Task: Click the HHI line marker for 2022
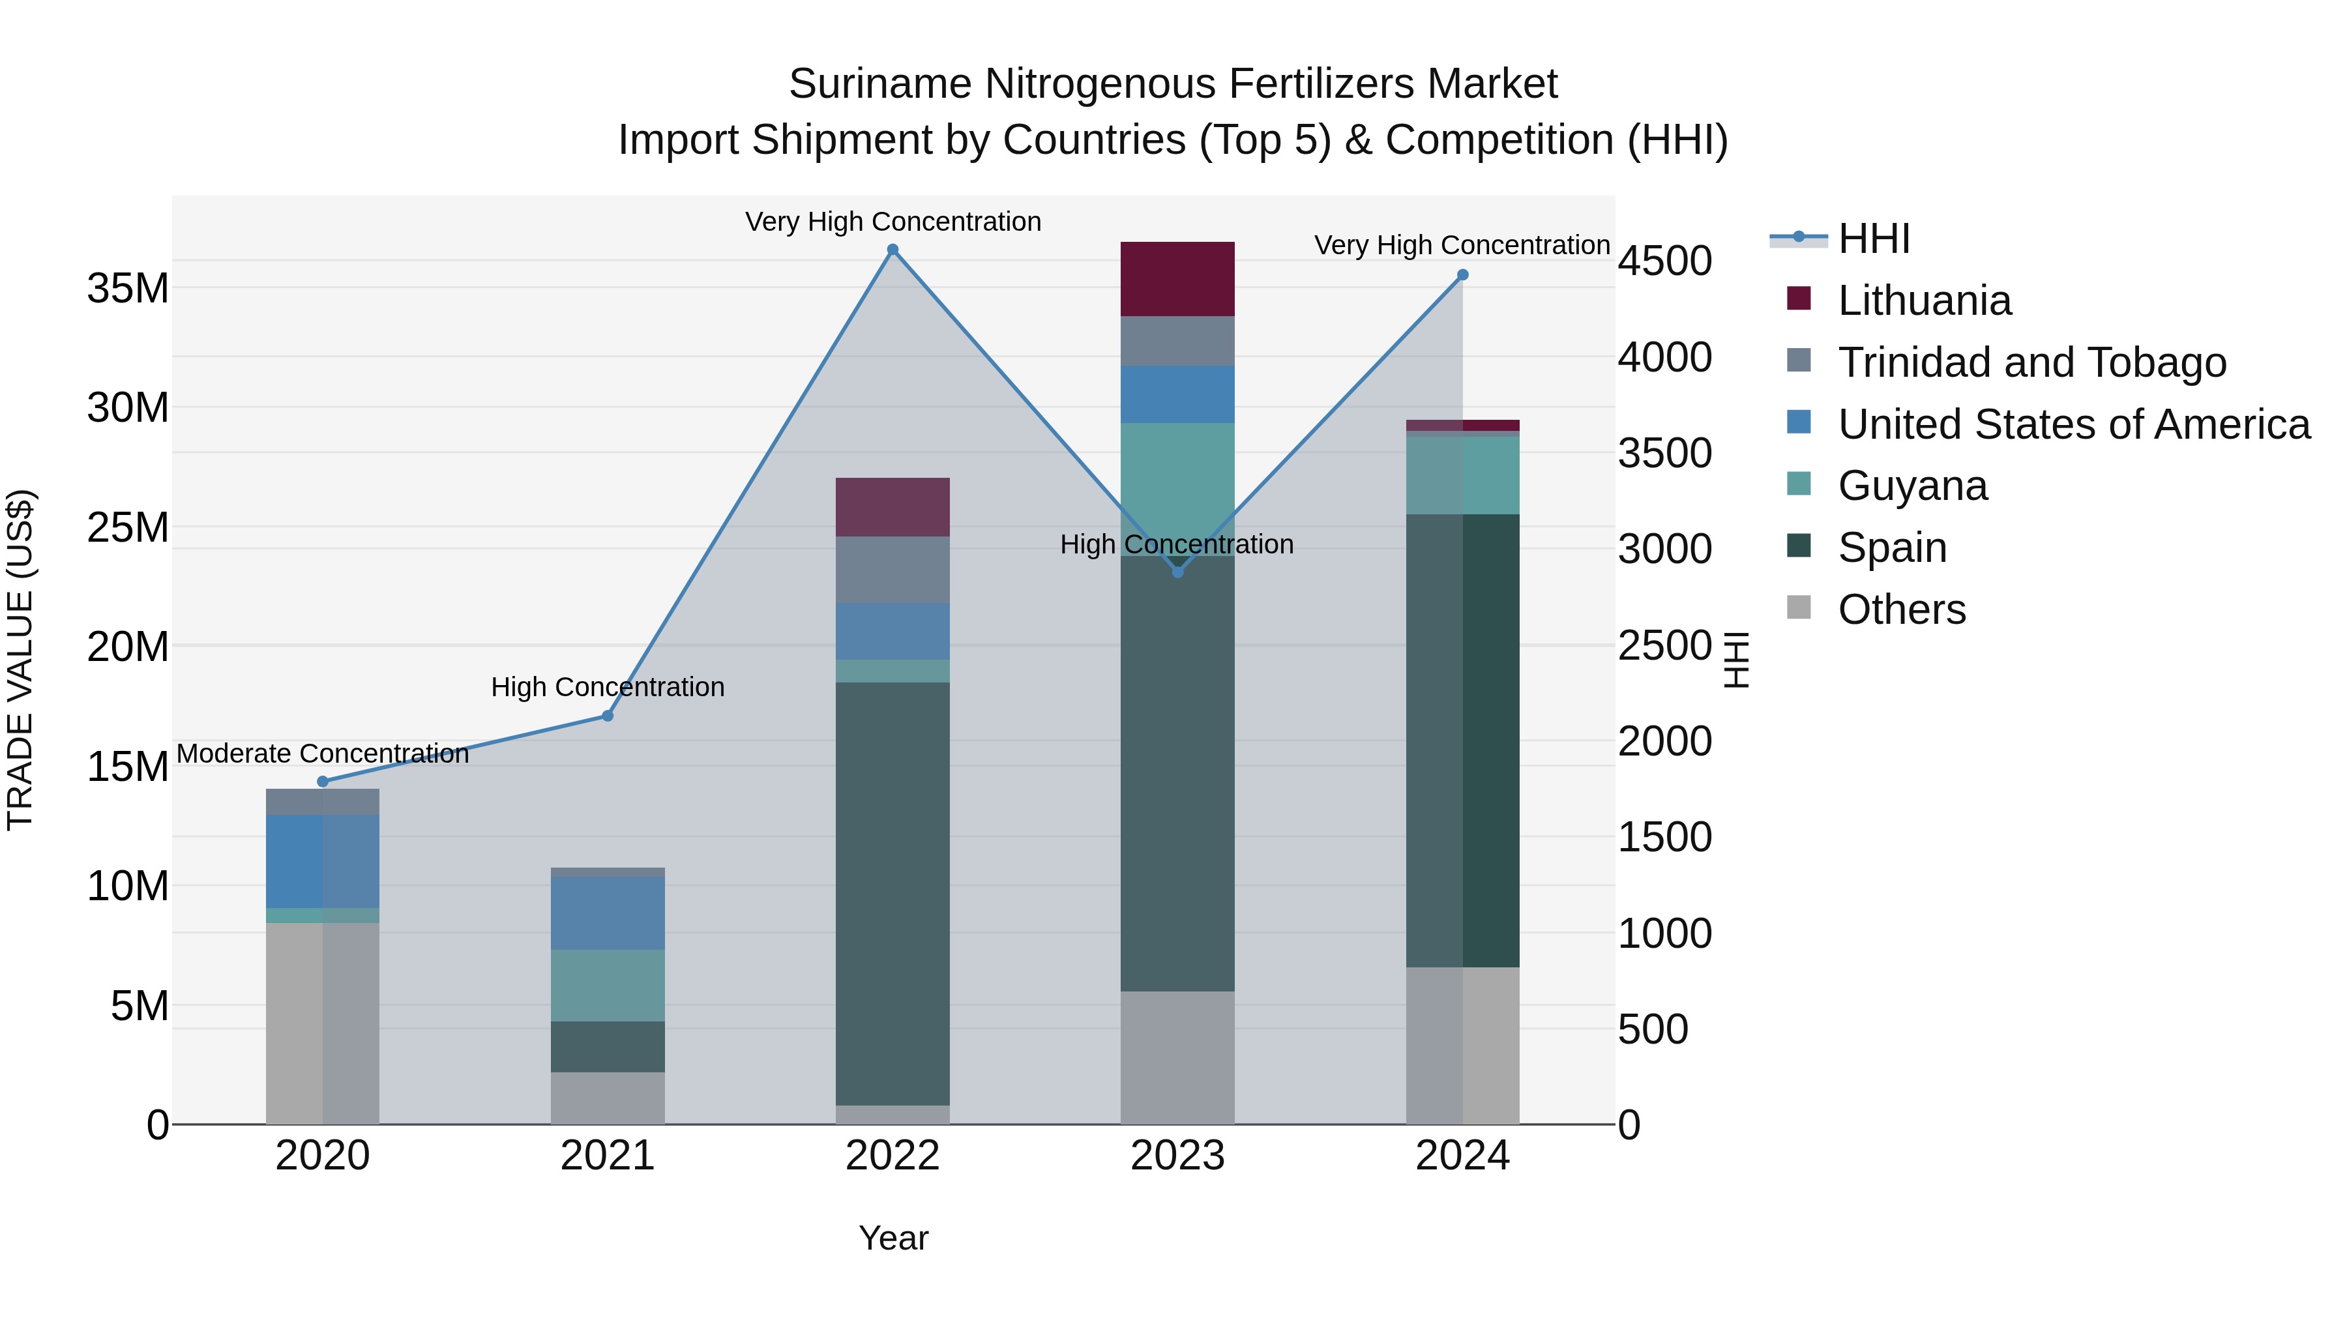tap(893, 250)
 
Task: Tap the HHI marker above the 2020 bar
tap(323, 782)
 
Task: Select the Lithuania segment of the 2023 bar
tap(1177, 279)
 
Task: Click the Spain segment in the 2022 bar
tap(893, 893)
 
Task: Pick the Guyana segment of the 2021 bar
tap(608, 986)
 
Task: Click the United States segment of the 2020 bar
tap(323, 861)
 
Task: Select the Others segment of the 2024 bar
tap(1462, 1045)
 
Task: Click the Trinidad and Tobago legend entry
tap(2031, 362)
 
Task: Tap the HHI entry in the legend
tap(1873, 239)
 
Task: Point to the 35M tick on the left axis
tap(128, 289)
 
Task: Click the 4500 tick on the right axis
tap(1664, 261)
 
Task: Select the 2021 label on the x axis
tap(608, 1156)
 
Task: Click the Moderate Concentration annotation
tap(323, 754)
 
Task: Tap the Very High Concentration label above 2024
tap(1462, 245)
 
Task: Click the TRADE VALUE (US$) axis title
tap(20, 660)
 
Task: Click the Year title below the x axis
tap(893, 1238)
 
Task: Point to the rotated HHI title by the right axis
tap(1737, 660)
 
